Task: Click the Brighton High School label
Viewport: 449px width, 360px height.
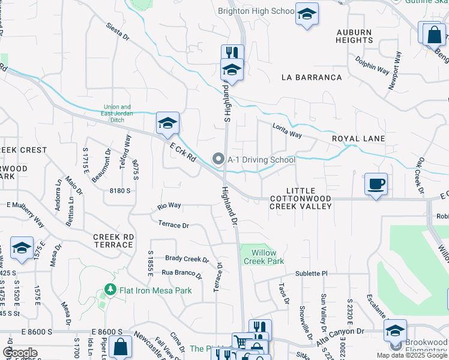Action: coord(256,11)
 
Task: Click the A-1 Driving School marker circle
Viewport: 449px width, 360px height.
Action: coord(218,160)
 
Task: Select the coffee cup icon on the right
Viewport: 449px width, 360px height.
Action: coord(376,184)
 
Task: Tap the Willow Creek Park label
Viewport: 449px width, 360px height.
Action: coord(264,257)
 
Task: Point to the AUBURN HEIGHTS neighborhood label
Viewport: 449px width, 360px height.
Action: coord(355,36)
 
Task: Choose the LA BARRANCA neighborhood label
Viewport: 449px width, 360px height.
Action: coord(311,77)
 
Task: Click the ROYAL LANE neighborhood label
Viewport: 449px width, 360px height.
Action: coord(358,139)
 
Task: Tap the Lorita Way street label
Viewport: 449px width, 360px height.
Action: coord(287,131)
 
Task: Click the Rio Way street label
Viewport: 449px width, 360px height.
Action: coord(169,206)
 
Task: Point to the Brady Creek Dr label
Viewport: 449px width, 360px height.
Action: coord(187,259)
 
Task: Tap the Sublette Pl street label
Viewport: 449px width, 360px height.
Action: coord(312,274)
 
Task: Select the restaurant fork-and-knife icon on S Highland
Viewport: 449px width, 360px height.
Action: coord(232,53)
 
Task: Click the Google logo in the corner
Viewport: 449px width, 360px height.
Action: coord(20,352)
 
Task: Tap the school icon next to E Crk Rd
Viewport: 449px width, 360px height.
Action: coord(168,124)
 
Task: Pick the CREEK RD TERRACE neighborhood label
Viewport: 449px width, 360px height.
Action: coord(113,241)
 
